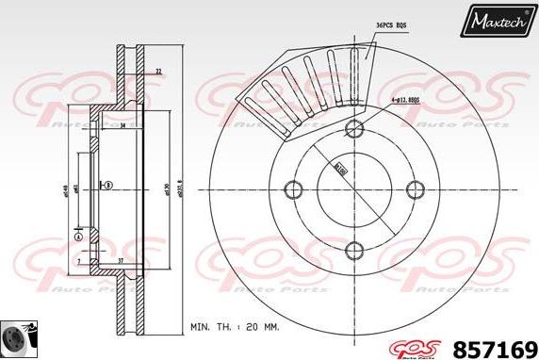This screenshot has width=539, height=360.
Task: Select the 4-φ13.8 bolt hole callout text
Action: tap(406, 98)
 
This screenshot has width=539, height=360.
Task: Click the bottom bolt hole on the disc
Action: tap(354, 250)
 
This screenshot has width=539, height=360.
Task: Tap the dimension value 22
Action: tap(157, 72)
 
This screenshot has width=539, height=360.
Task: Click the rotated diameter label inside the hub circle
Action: tap(337, 171)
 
